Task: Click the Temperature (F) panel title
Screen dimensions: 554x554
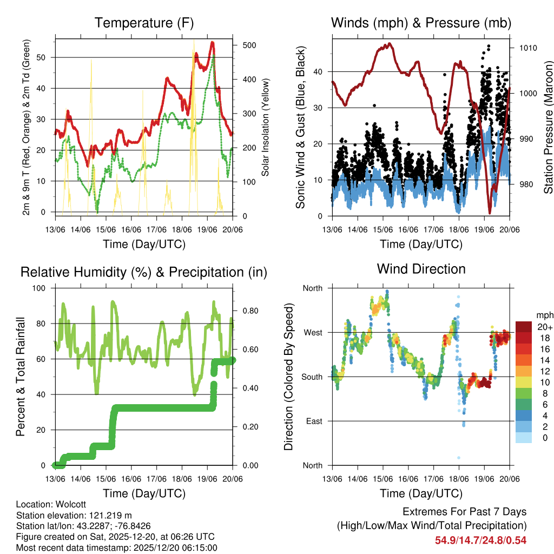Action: (x=144, y=23)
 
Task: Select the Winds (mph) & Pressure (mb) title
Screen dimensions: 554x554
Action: (x=421, y=23)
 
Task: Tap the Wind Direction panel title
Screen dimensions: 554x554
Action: (x=421, y=269)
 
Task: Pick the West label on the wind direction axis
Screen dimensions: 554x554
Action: (x=312, y=332)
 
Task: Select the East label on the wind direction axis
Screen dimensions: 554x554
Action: (x=313, y=421)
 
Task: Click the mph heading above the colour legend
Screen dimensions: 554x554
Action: (x=544, y=315)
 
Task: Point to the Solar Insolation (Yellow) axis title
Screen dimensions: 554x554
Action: (x=266, y=128)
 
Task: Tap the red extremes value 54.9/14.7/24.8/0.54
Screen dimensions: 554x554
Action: (x=480, y=540)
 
